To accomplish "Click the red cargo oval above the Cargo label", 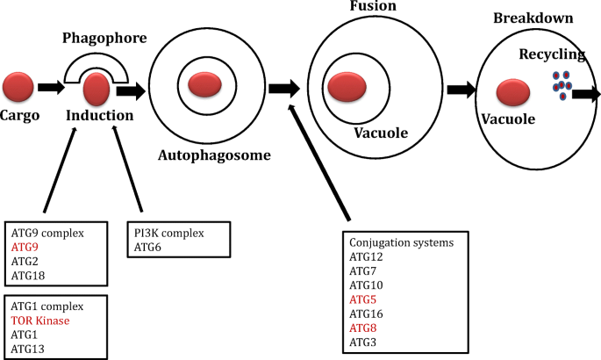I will pos(18,87).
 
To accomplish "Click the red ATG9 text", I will pos(25,248).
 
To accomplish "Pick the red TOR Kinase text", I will pos(41,320).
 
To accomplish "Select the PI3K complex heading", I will pos(169,234).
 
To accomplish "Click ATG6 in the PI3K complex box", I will pos(147,248).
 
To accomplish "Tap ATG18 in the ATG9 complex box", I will pos(28,277).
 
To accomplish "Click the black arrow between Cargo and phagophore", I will pos(51,87).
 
